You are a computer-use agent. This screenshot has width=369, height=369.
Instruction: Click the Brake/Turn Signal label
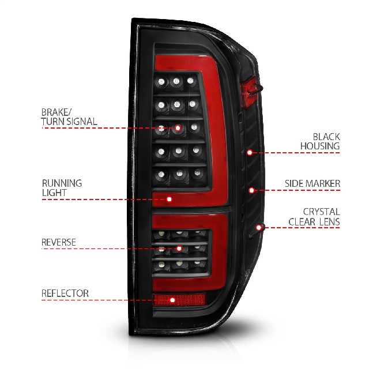(x=69, y=117)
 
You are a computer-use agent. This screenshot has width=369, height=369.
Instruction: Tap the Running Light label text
(x=62, y=188)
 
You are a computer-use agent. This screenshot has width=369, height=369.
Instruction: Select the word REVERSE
(x=59, y=242)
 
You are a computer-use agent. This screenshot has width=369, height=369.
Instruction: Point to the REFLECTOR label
(x=65, y=293)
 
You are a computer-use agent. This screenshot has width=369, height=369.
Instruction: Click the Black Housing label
(x=320, y=141)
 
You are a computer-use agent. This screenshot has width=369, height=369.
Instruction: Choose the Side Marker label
(x=312, y=183)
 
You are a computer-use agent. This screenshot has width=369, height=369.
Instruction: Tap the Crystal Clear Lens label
(x=314, y=217)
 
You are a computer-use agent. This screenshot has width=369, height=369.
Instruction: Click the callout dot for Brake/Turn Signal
(x=178, y=128)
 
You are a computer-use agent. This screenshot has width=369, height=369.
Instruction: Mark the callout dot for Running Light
(x=169, y=199)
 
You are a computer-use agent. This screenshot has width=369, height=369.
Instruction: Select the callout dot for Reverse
(x=179, y=248)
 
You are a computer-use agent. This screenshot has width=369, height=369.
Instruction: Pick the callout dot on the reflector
(x=172, y=300)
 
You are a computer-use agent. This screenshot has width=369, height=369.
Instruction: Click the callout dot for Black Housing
(x=250, y=153)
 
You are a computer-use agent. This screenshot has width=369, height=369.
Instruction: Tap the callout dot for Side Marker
(x=251, y=190)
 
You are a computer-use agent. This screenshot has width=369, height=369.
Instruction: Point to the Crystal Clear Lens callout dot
(x=259, y=228)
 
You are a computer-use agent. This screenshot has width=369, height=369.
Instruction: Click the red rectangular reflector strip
(x=179, y=300)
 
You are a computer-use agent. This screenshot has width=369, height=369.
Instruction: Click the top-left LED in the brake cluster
(x=161, y=82)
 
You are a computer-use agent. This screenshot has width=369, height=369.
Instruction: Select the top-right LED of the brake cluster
(x=190, y=81)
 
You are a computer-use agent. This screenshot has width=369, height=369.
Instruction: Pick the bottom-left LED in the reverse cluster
(x=161, y=264)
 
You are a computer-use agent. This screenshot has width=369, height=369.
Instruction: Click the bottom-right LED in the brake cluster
(x=197, y=173)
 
